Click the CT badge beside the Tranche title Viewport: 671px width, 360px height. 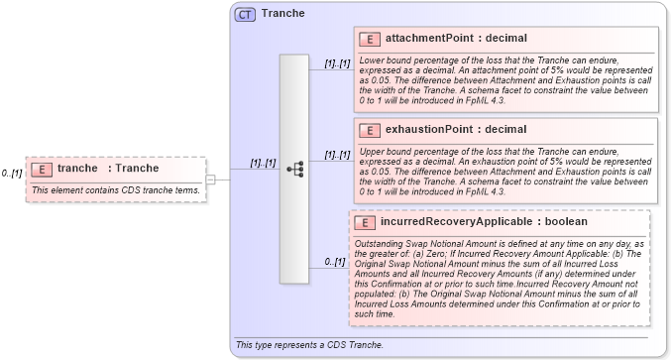[245, 14]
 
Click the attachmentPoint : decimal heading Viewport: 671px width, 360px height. [456, 39]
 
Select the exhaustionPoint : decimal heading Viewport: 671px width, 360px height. [455, 130]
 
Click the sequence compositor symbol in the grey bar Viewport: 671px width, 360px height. [294, 170]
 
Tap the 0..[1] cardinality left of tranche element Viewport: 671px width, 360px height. [12, 174]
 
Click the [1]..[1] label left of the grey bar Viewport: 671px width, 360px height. [263, 163]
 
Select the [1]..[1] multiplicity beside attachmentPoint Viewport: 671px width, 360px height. [337, 63]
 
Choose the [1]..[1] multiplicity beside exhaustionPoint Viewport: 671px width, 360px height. [337, 155]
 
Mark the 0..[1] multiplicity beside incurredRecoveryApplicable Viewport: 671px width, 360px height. [335, 262]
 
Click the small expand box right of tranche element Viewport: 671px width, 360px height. [210, 179]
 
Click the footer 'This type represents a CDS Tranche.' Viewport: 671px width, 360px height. [309, 344]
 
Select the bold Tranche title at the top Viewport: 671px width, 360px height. [282, 14]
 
